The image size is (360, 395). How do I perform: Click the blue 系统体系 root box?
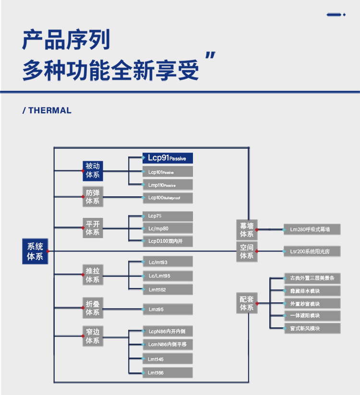[35, 251]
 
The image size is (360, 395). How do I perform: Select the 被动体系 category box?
[93, 170]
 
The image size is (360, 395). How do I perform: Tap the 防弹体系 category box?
[93, 197]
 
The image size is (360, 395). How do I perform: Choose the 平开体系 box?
[93, 228]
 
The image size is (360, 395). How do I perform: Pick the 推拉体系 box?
[93, 275]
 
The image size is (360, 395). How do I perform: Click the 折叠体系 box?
[93, 308]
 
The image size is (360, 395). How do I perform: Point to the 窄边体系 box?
[93, 336]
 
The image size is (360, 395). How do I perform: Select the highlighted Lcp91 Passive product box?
[168, 158]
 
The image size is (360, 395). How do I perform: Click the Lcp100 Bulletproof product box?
[168, 198]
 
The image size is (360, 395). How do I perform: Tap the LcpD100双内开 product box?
[168, 241]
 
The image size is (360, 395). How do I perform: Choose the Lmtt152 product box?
[168, 289]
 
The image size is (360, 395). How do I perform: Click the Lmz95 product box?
[168, 310]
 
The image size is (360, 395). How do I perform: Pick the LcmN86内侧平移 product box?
[168, 344]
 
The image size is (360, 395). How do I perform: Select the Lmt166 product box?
[168, 372]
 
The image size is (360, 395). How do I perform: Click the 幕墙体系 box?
[247, 230]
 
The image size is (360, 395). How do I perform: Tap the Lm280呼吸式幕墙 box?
[312, 229]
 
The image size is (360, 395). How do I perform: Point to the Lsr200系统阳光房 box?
[312, 251]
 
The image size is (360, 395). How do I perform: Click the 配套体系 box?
[247, 303]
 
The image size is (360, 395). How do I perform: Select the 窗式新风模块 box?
[312, 328]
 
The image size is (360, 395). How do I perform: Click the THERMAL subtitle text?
[47, 110]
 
